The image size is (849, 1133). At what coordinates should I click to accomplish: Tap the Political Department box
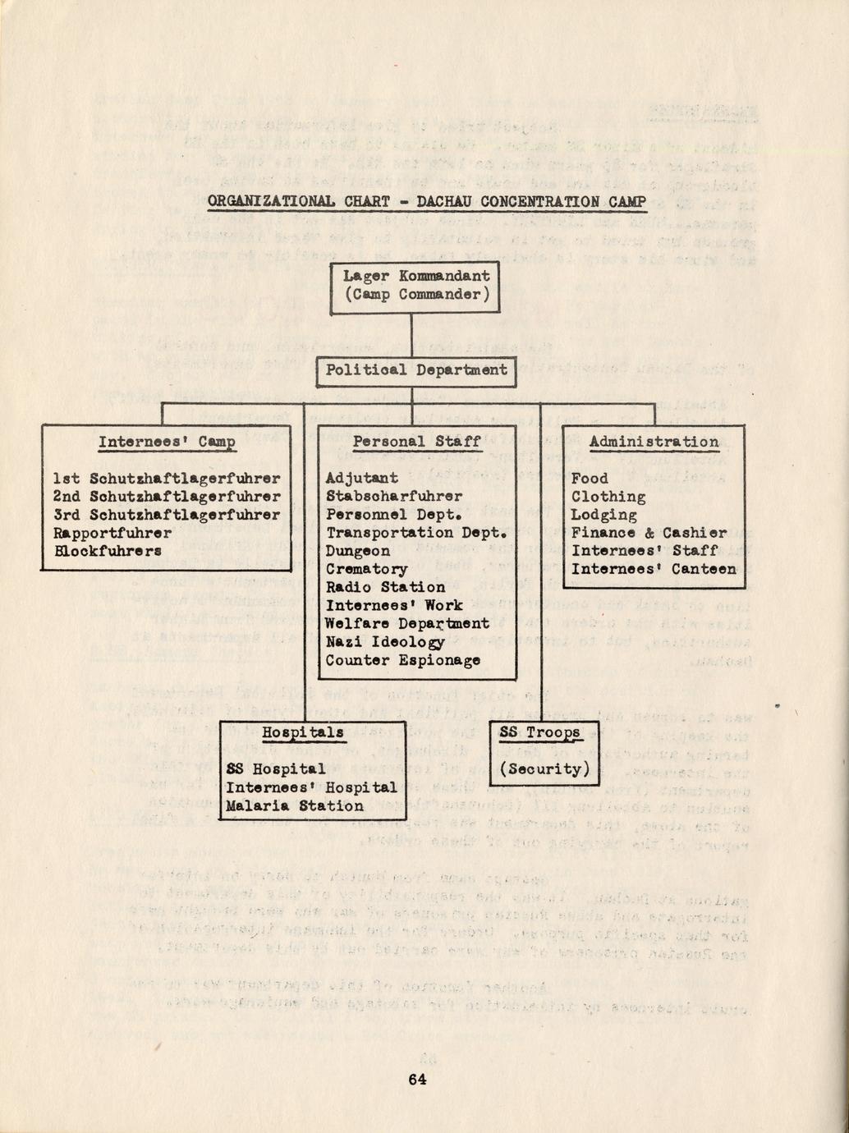coord(416,370)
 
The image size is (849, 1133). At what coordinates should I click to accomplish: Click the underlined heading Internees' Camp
coord(167,443)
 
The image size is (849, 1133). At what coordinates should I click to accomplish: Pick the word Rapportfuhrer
coord(112,533)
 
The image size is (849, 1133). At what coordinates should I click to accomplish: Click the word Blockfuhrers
coord(108,551)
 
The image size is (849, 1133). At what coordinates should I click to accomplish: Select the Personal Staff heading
coord(416,442)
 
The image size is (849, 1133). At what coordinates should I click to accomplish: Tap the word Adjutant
coord(361,478)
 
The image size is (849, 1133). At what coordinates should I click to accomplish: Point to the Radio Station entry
coord(385,587)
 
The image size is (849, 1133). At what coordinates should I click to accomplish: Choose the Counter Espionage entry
coord(402,660)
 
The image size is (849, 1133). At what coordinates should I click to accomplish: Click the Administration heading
coord(654,442)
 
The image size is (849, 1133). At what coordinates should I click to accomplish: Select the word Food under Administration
coord(590,479)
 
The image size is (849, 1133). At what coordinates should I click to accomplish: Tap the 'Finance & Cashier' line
coord(649,533)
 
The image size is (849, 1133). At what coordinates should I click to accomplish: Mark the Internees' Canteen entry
coord(654,569)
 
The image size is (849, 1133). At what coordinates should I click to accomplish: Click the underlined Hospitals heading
coord(302,732)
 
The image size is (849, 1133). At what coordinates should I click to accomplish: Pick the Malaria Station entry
coord(295,806)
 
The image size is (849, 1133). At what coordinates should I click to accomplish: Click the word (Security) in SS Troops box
coord(544,769)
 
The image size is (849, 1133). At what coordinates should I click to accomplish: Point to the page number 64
coord(417,1080)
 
